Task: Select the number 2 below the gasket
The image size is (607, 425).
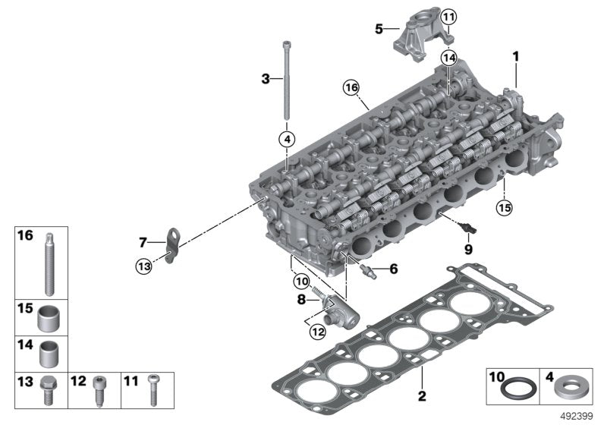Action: click(x=423, y=395)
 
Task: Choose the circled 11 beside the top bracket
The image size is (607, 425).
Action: click(x=449, y=17)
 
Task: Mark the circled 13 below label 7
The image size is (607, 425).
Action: click(x=144, y=265)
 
